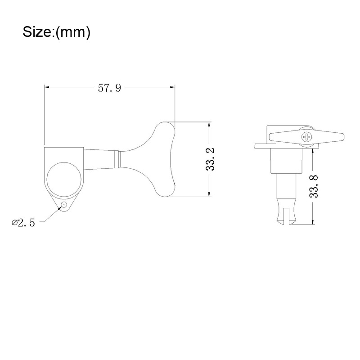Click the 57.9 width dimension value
click(109, 88)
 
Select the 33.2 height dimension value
click(210, 159)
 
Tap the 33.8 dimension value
click(314, 186)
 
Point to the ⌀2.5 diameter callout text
click(23, 222)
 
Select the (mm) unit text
click(73, 32)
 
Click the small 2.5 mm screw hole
click(64, 204)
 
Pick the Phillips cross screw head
click(307, 137)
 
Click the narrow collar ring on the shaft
click(117, 159)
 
